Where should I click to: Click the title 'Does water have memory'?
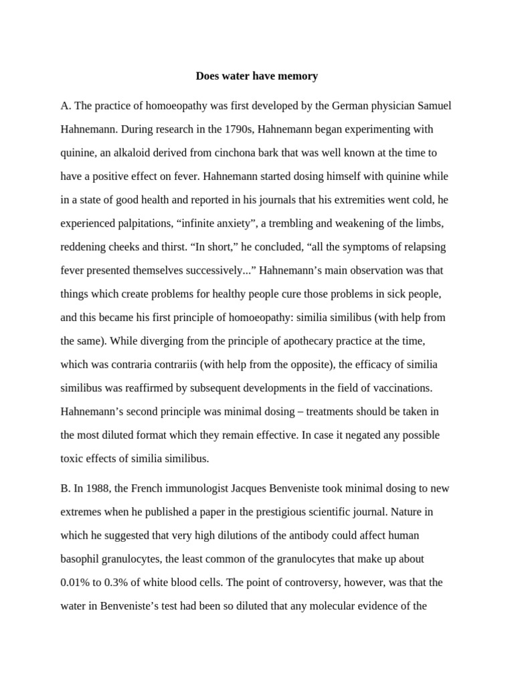coord(256,76)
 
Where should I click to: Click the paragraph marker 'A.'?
coord(66,106)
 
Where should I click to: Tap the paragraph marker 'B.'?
coord(66,488)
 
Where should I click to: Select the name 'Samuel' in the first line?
coord(435,106)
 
